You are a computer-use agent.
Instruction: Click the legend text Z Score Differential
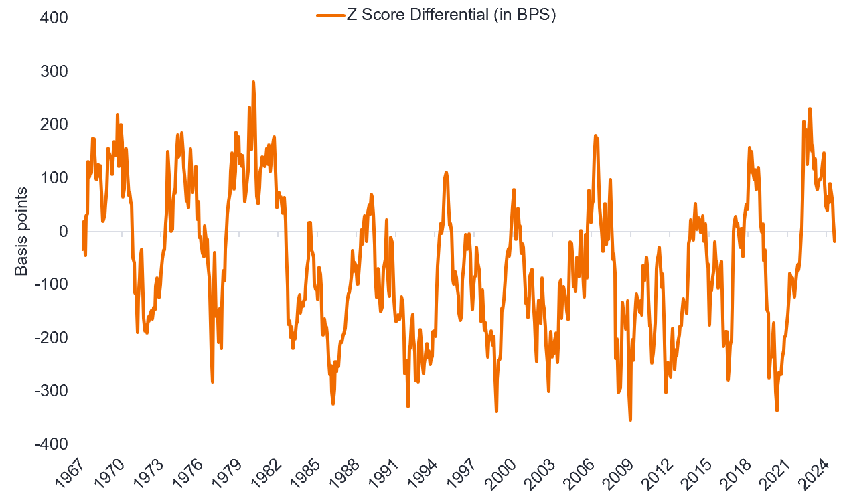pyautogui.click(x=450, y=14)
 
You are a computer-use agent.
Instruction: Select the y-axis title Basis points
pyautogui.click(x=21, y=232)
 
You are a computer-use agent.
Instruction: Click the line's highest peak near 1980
pyautogui.click(x=253, y=82)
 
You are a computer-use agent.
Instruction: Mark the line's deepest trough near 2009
pyautogui.click(x=630, y=420)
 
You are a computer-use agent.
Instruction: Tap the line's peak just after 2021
pyautogui.click(x=810, y=108)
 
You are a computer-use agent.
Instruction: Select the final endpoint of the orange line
pyautogui.click(x=834, y=241)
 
